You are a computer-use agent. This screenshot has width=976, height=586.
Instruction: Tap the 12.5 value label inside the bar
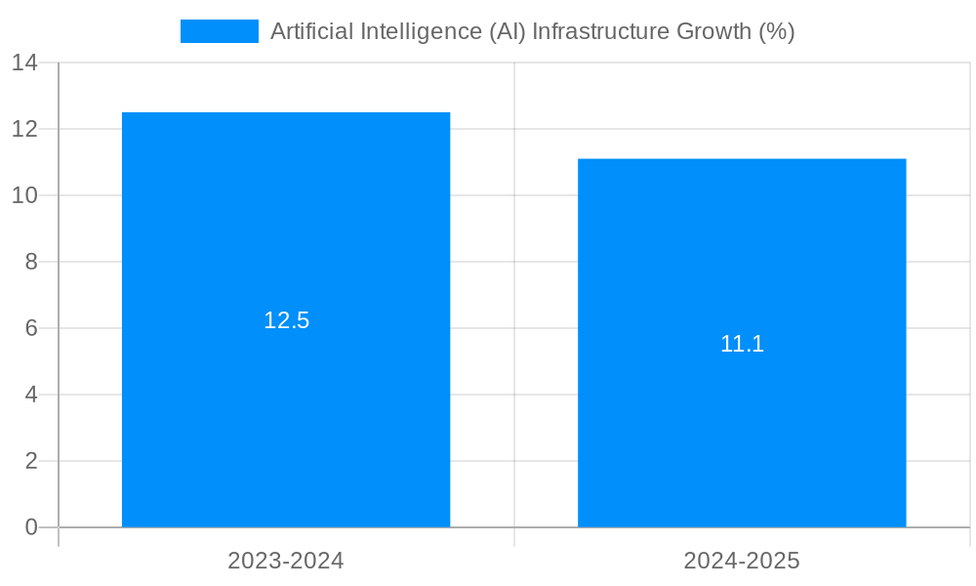tap(286, 320)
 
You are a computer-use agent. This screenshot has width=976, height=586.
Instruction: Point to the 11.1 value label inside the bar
tap(742, 344)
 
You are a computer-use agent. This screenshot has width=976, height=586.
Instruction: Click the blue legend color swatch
tap(220, 31)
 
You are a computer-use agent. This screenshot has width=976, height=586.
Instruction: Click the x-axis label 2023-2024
tap(286, 561)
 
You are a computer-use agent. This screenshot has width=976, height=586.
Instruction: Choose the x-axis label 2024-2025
tap(742, 561)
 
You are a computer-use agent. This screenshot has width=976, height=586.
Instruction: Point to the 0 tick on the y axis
tap(30, 527)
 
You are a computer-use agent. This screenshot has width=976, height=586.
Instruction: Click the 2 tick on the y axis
tap(30, 461)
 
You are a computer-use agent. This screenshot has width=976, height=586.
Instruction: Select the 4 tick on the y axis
tap(30, 395)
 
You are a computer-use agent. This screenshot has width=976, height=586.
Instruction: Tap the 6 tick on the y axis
tap(30, 328)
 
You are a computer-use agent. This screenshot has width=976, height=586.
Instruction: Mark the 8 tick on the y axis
tap(30, 262)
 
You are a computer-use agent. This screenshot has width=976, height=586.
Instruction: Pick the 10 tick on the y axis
tap(24, 195)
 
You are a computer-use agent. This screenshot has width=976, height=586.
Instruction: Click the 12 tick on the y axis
tap(24, 129)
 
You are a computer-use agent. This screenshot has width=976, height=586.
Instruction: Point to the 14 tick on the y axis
tap(24, 63)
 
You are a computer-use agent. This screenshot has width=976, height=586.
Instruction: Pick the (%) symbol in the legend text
tap(777, 31)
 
